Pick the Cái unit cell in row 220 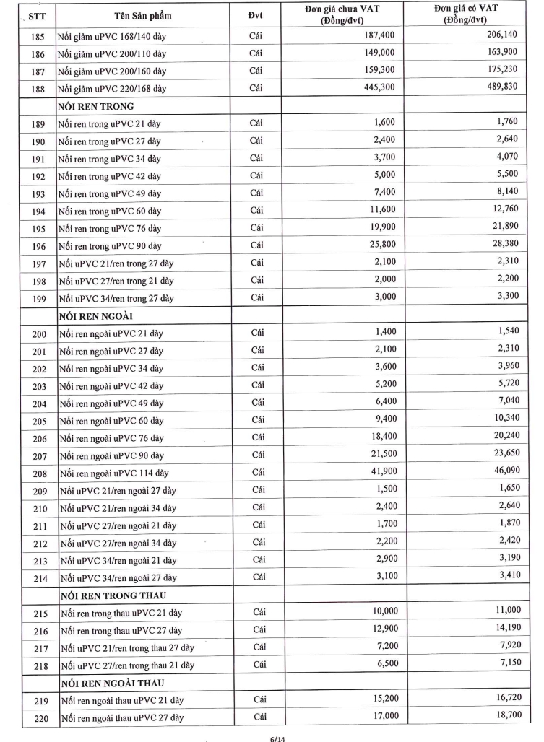(x=258, y=717)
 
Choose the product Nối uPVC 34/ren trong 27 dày (x=116, y=298)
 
